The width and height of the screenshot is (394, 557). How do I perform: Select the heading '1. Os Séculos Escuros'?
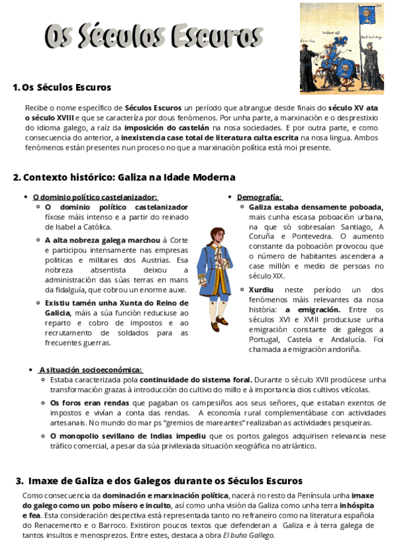(62, 87)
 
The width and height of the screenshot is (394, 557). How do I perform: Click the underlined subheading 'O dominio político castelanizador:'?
(95, 197)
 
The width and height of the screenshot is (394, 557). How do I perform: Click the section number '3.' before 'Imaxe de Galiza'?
(19, 481)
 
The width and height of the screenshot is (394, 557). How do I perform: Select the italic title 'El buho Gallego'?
(248, 535)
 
